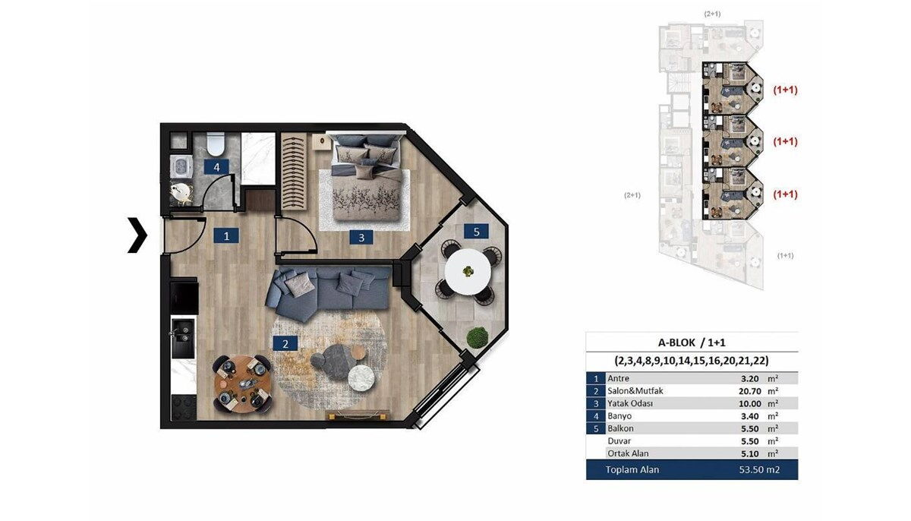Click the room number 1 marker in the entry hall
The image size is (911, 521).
click(226, 235)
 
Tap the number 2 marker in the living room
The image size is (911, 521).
click(285, 344)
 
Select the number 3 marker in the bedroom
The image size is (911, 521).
click(361, 237)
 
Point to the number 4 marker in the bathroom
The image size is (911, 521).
click(216, 167)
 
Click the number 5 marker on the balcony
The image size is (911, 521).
click(476, 232)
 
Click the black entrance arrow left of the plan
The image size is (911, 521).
click(137, 235)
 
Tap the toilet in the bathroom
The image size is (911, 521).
click(216, 144)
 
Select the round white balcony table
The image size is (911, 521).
click(468, 272)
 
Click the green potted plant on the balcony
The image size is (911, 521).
click(477, 337)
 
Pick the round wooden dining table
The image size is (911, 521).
click(243, 384)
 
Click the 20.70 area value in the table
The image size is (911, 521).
click(749, 391)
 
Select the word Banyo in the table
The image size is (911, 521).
click(619, 416)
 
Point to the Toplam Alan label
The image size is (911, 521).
click(632, 470)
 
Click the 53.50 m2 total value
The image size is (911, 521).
click(759, 470)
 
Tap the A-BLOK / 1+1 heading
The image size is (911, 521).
click(692, 343)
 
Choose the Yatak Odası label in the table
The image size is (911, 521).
click(630, 403)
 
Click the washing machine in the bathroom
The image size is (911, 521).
click(180, 166)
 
